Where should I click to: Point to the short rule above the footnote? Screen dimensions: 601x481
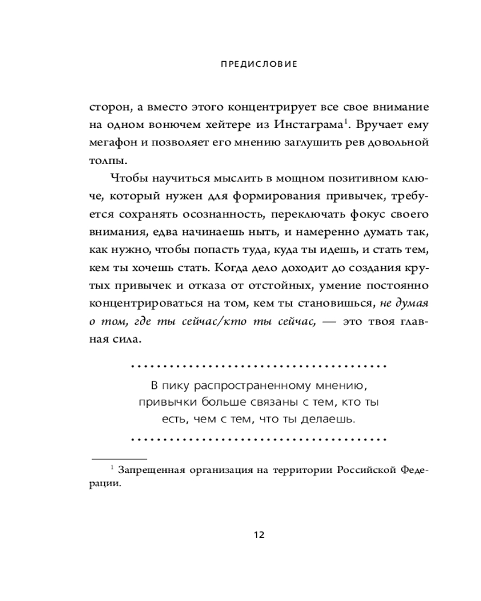[117, 459]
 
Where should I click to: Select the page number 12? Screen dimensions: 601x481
[259, 535]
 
